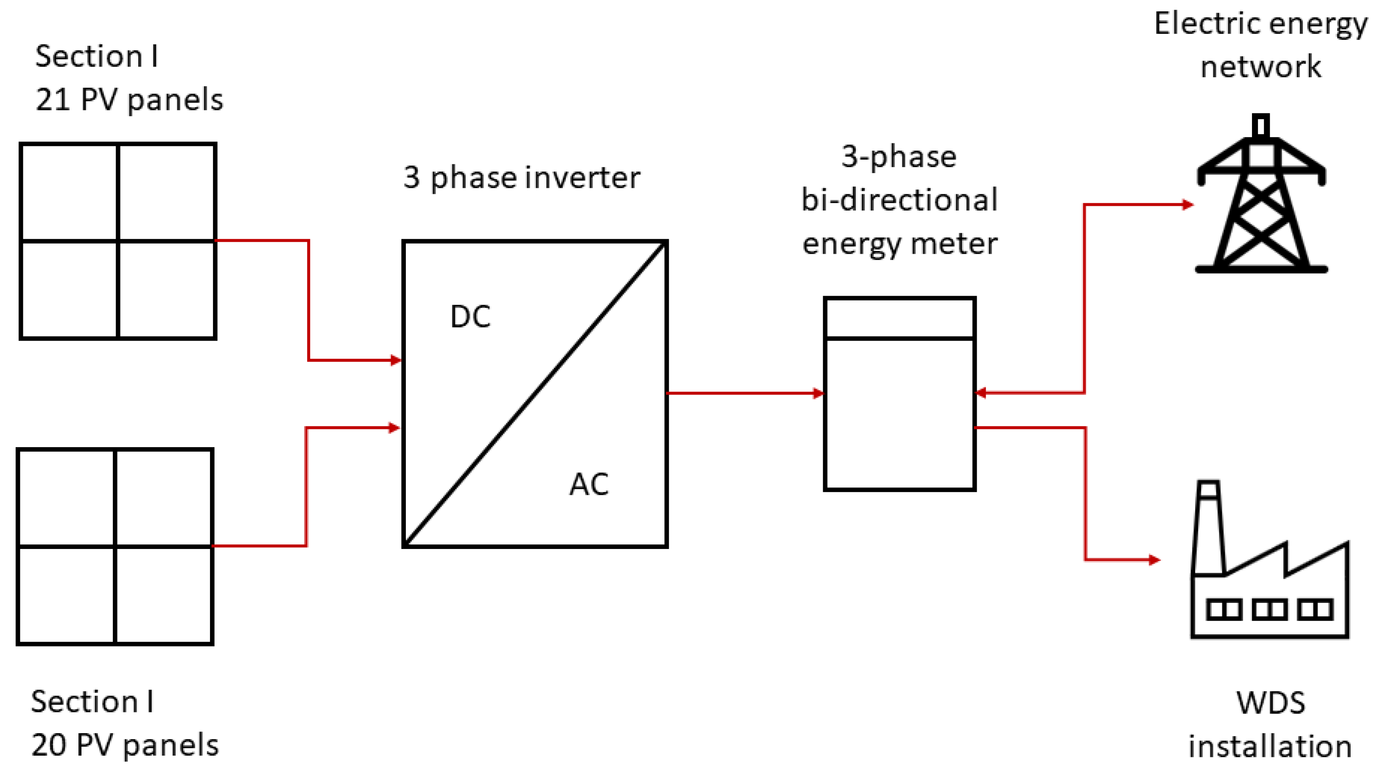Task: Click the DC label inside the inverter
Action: click(470, 317)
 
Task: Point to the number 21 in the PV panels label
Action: click(53, 100)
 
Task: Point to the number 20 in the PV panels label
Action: click(48, 745)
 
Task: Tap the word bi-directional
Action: click(899, 200)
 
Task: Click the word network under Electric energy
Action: click(1260, 67)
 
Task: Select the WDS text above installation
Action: click(1270, 703)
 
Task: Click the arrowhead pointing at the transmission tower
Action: click(1188, 205)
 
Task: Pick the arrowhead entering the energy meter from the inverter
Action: click(818, 394)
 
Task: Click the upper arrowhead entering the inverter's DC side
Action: click(396, 360)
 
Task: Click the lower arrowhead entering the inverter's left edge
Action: click(394, 428)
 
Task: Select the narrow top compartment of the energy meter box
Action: click(899, 318)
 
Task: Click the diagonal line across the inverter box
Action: click(535, 394)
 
